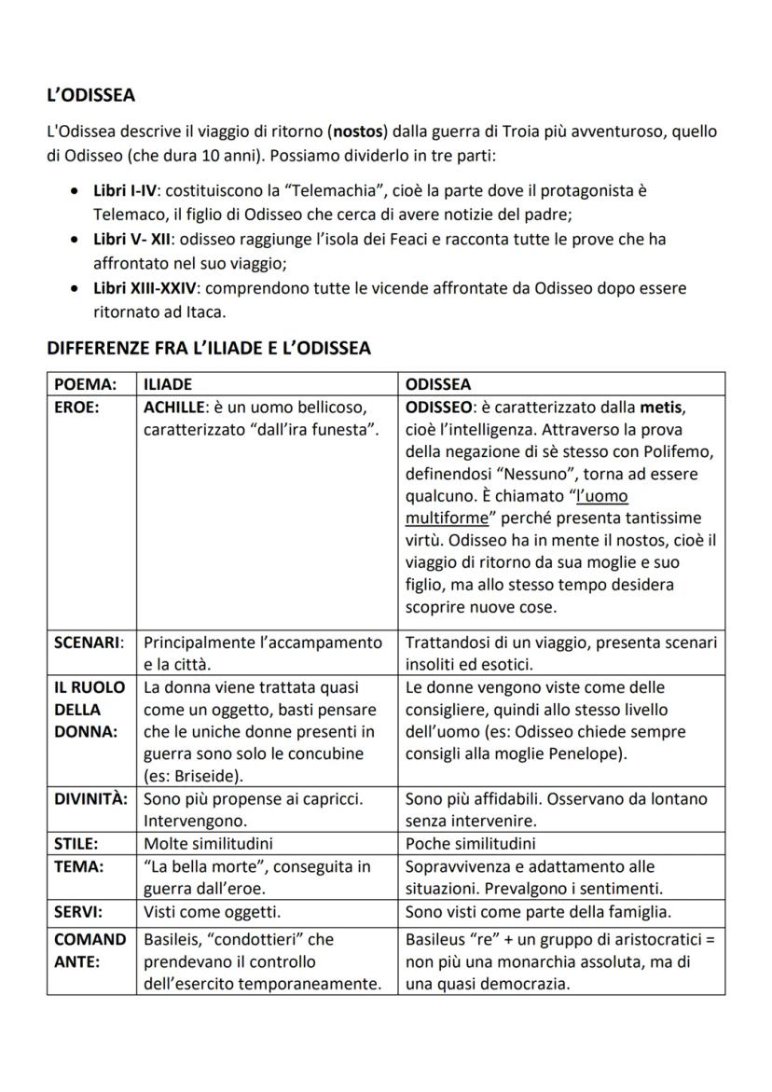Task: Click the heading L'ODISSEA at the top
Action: tap(90, 95)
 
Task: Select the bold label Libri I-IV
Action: tap(126, 190)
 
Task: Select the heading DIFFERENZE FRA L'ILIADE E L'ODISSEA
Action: tap(209, 348)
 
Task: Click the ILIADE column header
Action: tap(168, 384)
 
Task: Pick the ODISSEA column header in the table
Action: tap(438, 384)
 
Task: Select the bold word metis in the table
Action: tap(668, 408)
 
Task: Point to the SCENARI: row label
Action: tap(89, 643)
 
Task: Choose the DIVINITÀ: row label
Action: tap(90, 799)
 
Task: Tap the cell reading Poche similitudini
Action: tap(471, 844)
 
